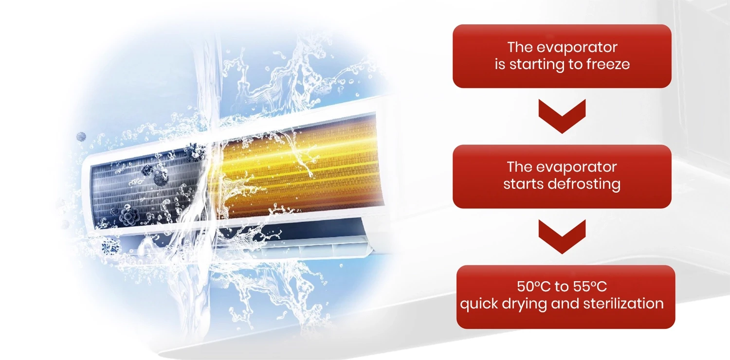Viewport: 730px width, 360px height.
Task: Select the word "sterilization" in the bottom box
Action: [623, 304]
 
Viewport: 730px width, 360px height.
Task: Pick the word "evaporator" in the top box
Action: [577, 48]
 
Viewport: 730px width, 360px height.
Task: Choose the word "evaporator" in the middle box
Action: [576, 167]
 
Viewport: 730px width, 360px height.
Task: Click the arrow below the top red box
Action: [562, 116]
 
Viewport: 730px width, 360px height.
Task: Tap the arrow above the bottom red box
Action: [562, 236]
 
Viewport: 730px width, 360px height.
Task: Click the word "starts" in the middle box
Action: [523, 184]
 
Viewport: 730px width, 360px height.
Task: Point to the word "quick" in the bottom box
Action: [478, 304]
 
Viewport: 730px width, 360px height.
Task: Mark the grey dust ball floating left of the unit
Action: [81, 137]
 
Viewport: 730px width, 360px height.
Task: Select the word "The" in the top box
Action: [520, 48]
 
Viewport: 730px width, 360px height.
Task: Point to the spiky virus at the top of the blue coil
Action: [195, 152]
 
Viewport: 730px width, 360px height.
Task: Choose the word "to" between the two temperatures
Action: [562, 287]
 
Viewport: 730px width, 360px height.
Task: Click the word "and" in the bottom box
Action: [565, 304]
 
